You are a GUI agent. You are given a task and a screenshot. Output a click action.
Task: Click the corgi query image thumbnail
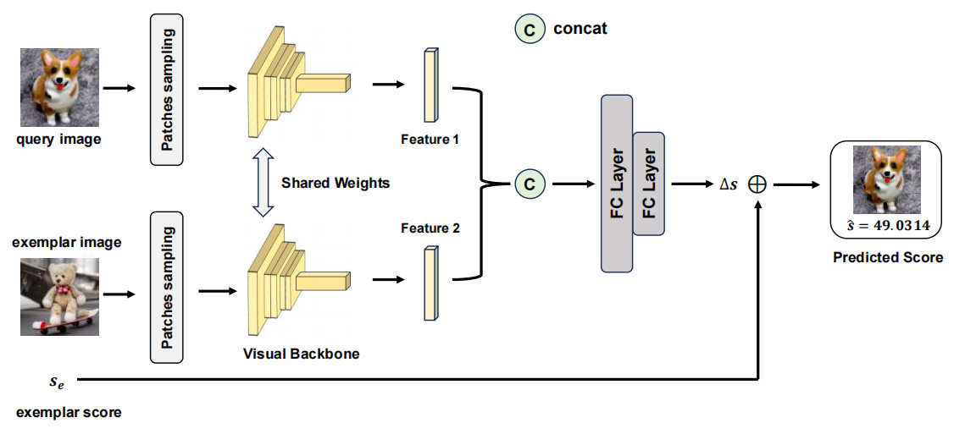59,87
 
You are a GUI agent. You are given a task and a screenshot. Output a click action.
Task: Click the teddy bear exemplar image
59,297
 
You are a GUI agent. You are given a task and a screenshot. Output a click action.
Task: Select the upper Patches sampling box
167,90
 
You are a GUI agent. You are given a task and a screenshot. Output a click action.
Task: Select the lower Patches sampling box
167,288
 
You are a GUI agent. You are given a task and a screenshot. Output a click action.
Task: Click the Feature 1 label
430,139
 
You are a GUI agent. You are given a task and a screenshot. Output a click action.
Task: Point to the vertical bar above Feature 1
430,85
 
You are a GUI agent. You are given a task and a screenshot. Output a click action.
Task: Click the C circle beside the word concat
530,30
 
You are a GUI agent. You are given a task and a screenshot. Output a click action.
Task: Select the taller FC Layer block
616,184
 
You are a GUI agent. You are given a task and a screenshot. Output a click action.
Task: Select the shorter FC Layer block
648,184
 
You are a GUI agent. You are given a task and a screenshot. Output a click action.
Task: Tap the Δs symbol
728,184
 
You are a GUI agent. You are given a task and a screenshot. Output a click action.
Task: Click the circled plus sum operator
757,184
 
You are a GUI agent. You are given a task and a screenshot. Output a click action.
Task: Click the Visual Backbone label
302,354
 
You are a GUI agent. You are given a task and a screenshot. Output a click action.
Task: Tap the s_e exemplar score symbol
56,382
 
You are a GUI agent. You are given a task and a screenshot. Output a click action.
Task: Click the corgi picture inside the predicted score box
886,179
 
